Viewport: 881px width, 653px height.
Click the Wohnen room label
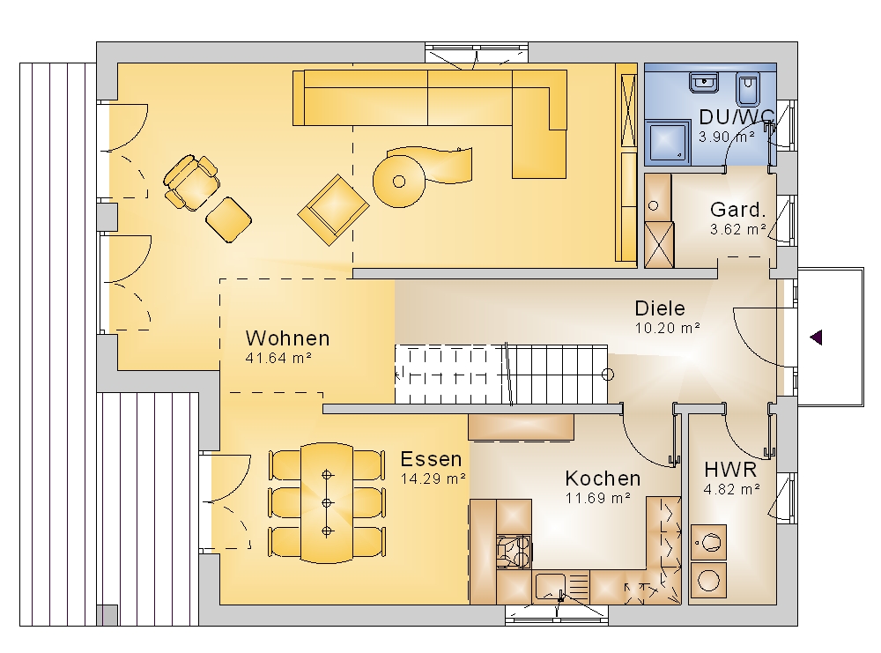[288, 338]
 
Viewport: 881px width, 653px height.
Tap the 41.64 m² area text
[278, 358]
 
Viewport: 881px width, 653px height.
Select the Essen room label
[431, 459]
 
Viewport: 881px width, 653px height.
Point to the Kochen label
[603, 479]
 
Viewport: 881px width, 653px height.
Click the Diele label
[660, 308]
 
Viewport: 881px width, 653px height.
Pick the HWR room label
[730, 469]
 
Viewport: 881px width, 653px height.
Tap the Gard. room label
[737, 210]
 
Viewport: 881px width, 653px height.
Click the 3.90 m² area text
[727, 137]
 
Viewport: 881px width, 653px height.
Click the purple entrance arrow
[816, 338]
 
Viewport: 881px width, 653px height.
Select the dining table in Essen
[327, 503]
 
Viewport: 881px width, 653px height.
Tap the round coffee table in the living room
[399, 182]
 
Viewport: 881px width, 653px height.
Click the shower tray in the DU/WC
[668, 143]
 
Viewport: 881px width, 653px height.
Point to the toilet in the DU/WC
[747, 90]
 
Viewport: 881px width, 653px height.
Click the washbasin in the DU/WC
[703, 83]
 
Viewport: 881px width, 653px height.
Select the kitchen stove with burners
[514, 553]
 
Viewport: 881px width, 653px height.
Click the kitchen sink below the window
[551, 587]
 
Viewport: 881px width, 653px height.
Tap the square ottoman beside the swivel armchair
[229, 219]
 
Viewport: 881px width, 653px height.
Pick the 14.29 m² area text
[433, 479]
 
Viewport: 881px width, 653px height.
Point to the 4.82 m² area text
[731, 489]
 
